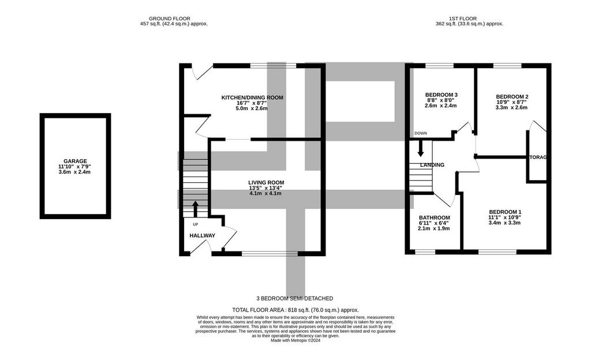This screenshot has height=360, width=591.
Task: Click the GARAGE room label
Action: (x=76, y=161)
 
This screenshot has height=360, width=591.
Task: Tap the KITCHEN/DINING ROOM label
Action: (x=252, y=97)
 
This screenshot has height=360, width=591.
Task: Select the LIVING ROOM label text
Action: (x=266, y=183)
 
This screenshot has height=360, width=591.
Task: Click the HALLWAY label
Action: (x=203, y=235)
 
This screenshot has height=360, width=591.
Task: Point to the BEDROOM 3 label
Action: (x=442, y=95)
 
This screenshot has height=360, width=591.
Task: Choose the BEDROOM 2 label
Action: (x=513, y=97)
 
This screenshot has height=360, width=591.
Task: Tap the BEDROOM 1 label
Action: (x=506, y=212)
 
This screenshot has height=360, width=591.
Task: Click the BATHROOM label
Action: (x=435, y=217)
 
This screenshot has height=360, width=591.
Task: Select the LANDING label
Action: (x=432, y=165)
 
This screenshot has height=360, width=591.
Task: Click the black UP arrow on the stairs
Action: (x=195, y=209)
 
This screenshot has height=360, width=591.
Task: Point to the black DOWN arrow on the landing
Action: (x=421, y=148)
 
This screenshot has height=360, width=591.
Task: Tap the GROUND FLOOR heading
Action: (x=170, y=18)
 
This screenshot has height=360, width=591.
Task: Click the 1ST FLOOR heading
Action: (x=463, y=18)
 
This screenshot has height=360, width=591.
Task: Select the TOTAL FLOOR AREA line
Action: (x=295, y=310)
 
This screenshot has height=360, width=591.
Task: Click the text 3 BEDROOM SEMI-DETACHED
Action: (x=295, y=298)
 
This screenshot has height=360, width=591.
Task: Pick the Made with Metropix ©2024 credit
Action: (x=295, y=340)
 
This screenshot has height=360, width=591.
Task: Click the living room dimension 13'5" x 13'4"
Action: (x=265, y=188)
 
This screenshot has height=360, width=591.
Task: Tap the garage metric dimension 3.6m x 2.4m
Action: (x=74, y=172)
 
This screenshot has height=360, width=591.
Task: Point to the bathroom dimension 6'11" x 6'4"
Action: (x=434, y=223)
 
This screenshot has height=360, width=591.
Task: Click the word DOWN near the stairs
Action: (x=421, y=133)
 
